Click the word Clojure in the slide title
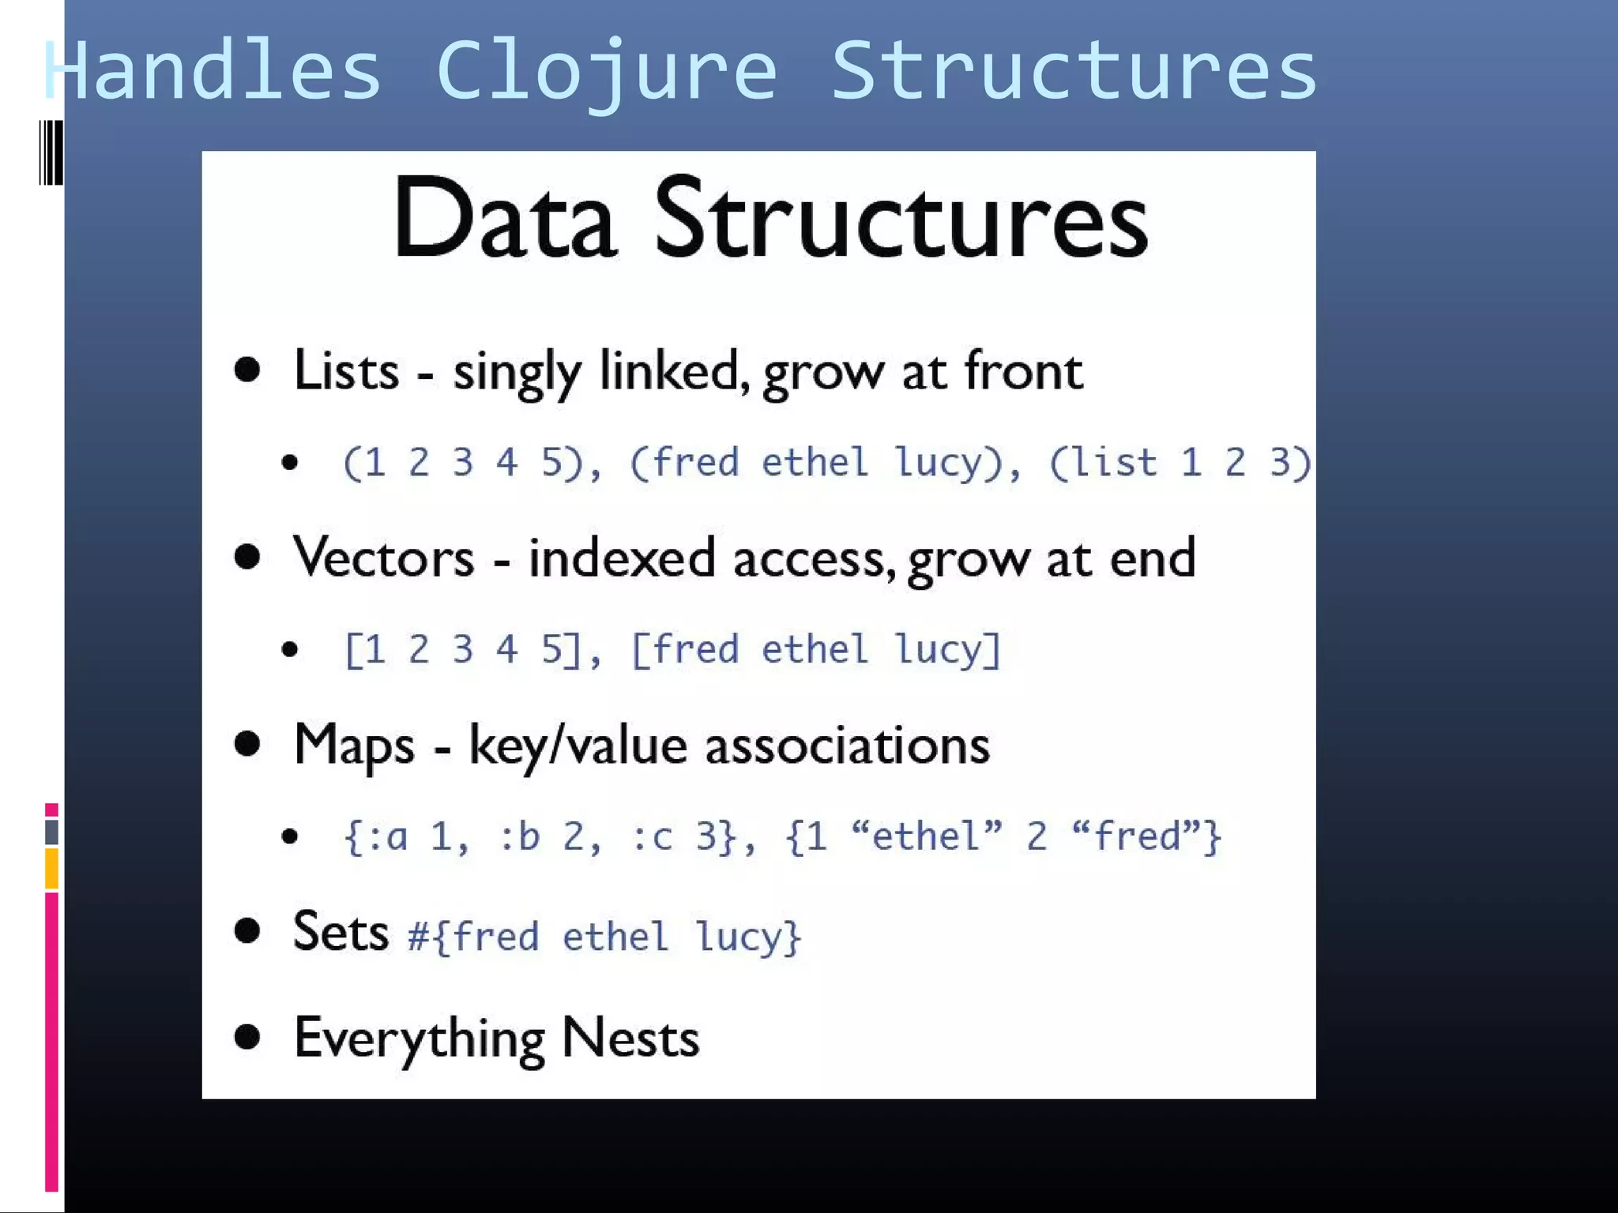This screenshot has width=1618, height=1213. pyautogui.click(x=606, y=73)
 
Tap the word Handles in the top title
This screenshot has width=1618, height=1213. pyautogui.click(x=213, y=73)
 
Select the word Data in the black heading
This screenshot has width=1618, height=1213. pyautogui.click(x=504, y=219)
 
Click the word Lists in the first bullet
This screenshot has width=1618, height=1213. pyautogui.click(x=346, y=370)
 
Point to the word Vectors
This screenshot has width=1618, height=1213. pyautogui.click(x=384, y=558)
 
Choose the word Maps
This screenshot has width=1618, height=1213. pyautogui.click(x=354, y=745)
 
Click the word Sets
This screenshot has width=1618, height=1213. pyautogui.click(x=341, y=932)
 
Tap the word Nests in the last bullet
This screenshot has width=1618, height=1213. pyautogui.click(x=630, y=1038)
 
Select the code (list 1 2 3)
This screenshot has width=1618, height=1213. pyautogui.click(x=1180, y=463)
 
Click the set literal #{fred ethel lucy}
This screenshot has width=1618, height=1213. pyautogui.click(x=604, y=937)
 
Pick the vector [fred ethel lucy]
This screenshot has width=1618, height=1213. pyautogui.click(x=815, y=650)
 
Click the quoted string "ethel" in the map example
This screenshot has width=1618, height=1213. pyautogui.click(x=927, y=836)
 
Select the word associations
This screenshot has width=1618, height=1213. pyautogui.click(x=847, y=745)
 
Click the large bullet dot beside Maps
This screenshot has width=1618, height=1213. pyautogui.click(x=247, y=744)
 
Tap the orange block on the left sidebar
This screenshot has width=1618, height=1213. pyautogui.click(x=51, y=869)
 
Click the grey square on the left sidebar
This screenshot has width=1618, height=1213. pyautogui.click(x=51, y=832)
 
